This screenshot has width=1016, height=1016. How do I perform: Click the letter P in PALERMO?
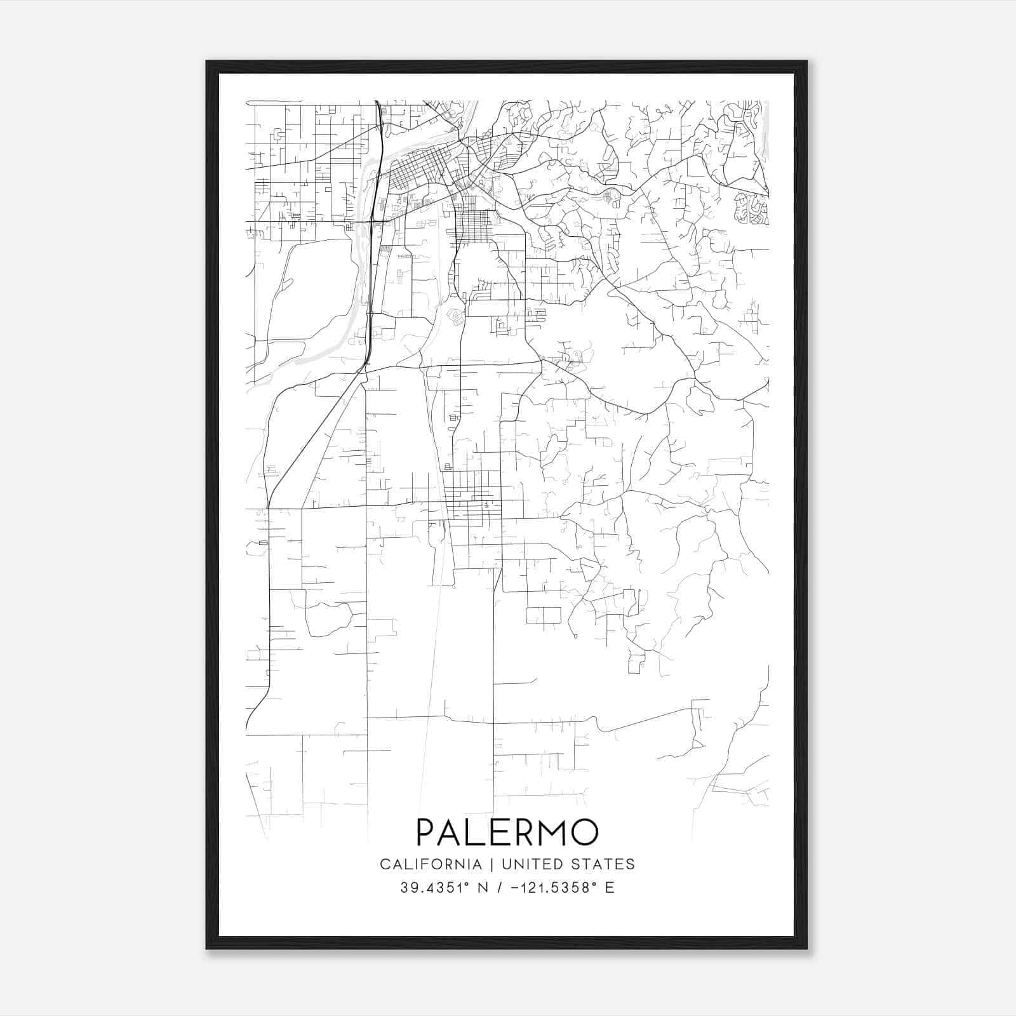click(427, 832)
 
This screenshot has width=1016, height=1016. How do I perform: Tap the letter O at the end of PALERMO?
click(584, 832)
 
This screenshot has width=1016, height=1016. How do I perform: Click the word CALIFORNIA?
click(430, 864)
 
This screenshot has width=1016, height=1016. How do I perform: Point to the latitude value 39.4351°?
click(436, 888)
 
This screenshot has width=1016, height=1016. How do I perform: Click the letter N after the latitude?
click(482, 888)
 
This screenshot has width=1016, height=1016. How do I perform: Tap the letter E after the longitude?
click(610, 888)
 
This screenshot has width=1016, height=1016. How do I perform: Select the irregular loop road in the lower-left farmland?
click(328, 619)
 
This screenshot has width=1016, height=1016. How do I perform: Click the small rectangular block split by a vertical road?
click(544, 615)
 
